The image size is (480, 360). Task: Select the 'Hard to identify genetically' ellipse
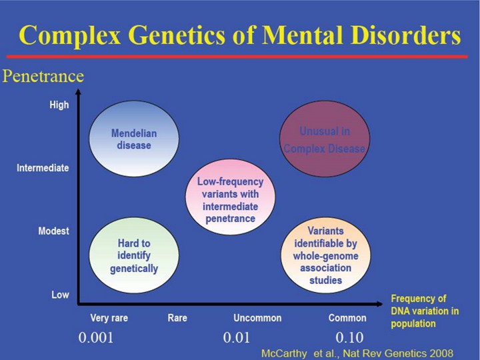click(133, 255)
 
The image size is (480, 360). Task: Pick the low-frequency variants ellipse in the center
click(230, 199)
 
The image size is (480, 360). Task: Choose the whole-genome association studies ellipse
click(325, 255)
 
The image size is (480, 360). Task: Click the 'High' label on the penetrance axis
click(59, 105)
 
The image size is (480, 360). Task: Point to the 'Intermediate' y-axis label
click(43, 168)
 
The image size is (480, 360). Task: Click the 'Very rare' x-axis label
click(109, 318)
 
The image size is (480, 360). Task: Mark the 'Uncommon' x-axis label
click(257, 318)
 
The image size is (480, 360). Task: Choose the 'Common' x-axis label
click(347, 318)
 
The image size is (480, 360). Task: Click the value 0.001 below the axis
click(96, 337)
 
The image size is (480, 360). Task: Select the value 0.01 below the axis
click(237, 337)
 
